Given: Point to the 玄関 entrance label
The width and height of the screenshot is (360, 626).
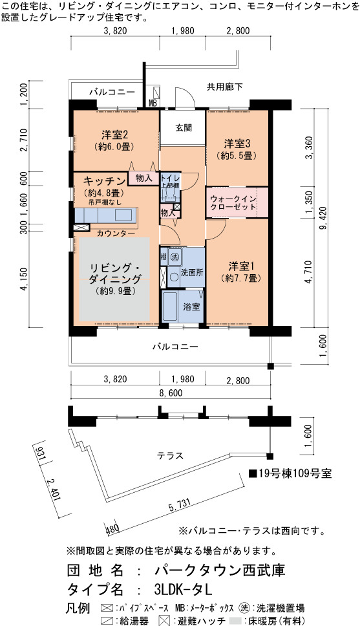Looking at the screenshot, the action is coord(183,128).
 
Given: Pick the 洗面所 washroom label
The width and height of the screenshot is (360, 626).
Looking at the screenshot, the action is coord(193,273).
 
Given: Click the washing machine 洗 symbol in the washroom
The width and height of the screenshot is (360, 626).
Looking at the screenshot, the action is coord(175,257).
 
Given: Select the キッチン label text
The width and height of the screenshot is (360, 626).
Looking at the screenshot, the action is coord(104,180).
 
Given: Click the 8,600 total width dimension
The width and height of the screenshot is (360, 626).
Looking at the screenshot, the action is coord(171,393).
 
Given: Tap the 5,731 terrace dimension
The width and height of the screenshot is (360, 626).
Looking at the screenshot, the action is coord(179,504).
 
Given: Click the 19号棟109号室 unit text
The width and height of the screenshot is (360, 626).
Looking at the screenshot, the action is coord(291,473).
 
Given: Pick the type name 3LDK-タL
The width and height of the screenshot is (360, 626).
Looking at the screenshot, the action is coord(183,589).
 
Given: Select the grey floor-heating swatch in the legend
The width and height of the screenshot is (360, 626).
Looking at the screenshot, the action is coord(236,621).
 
